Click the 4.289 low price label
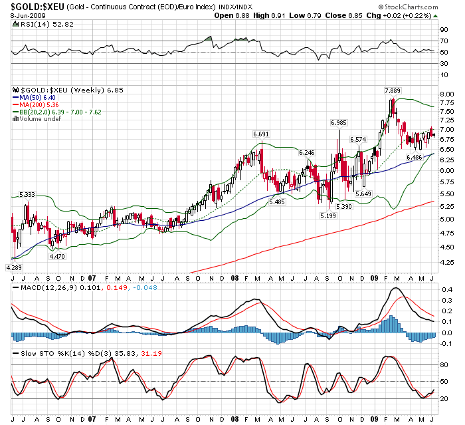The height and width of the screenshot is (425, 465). pyautogui.click(x=15, y=267)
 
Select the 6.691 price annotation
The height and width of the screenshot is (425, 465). pyautogui.click(x=260, y=134)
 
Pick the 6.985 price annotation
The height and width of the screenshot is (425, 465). pyautogui.click(x=339, y=123)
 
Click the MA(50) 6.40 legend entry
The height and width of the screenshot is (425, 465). pyautogui.click(x=39, y=97)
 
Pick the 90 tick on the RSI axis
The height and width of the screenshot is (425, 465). pyautogui.click(x=444, y=30)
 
